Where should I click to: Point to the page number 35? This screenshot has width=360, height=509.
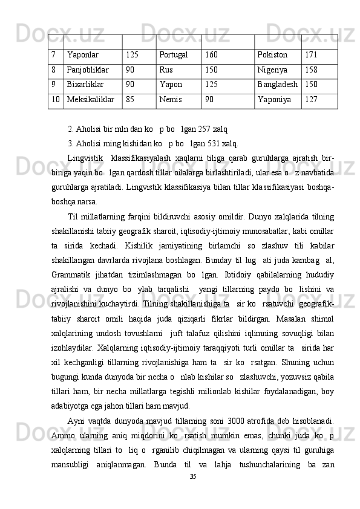(194, 494)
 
